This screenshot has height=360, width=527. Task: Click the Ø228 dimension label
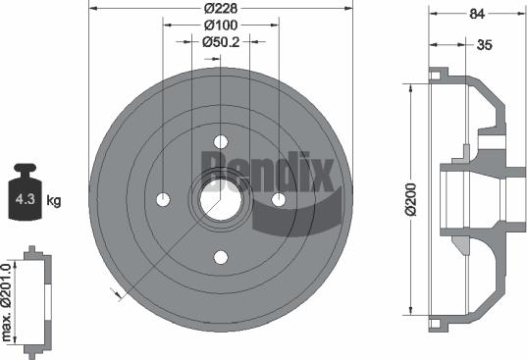click(220, 8)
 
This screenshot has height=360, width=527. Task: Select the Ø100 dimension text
click(221, 25)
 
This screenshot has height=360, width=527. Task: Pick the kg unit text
click(54, 201)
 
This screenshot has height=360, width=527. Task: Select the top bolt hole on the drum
click(221, 141)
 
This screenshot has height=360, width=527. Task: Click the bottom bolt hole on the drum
click(221, 258)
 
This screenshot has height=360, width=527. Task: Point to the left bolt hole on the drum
click(162, 200)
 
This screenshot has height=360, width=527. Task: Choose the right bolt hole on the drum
click(280, 200)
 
